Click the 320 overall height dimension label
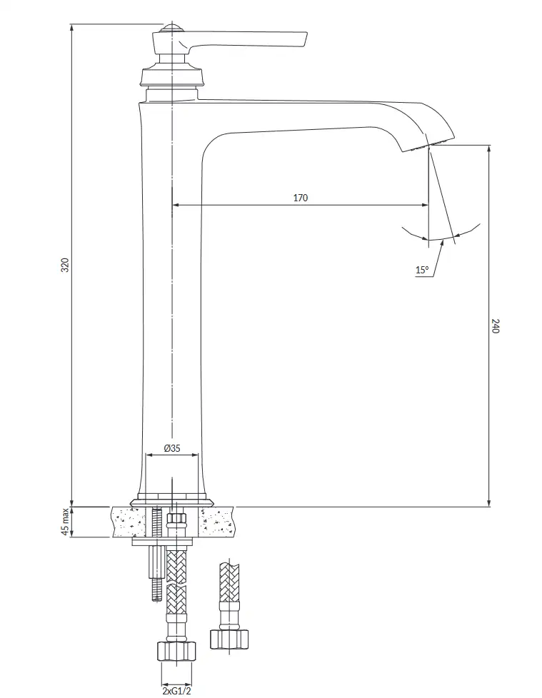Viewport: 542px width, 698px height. pyautogui.click(x=65, y=265)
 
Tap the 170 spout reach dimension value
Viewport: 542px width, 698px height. pyautogui.click(x=301, y=197)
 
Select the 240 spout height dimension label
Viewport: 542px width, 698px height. pyautogui.click(x=496, y=325)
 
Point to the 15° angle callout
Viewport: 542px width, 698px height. pyautogui.click(x=422, y=270)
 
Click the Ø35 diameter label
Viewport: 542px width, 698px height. pyautogui.click(x=172, y=447)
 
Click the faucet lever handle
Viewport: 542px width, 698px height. pyautogui.click(x=241, y=39)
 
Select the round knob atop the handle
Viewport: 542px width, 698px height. pyautogui.click(x=172, y=28)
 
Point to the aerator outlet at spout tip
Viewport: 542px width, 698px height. pyautogui.click(x=428, y=145)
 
